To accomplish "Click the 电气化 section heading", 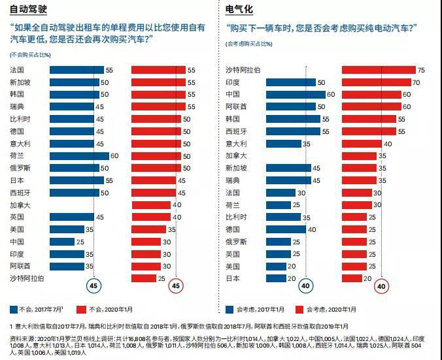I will tap(239, 9).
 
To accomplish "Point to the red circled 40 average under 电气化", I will tap(381, 286).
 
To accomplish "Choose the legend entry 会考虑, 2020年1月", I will tap(326, 309).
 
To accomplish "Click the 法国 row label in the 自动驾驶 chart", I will tap(18, 70).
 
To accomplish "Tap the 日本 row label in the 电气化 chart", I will tap(233, 278).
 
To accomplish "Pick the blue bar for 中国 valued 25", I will tap(62, 242).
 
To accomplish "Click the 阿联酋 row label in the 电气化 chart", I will tap(236, 107).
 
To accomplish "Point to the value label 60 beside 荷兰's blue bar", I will tap(114, 156).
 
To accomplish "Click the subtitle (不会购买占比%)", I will tap(32, 54).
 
